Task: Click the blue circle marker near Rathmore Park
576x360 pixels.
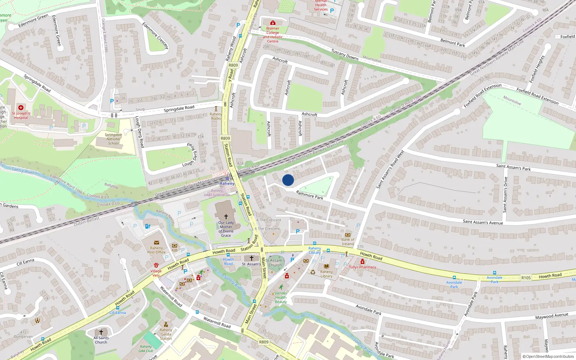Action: click(x=288, y=180)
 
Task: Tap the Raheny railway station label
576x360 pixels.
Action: click(x=227, y=184)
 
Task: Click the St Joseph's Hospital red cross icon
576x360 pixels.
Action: click(x=21, y=108)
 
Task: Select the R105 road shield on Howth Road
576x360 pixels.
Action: click(x=526, y=278)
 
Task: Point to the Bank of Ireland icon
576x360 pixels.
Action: click(x=348, y=235)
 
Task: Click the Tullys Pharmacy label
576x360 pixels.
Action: click(x=363, y=267)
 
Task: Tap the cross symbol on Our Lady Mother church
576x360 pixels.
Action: click(x=226, y=216)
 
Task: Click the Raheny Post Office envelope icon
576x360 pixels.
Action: click(x=156, y=243)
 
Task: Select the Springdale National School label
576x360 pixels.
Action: click(x=113, y=139)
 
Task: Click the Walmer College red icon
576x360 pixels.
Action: click(x=273, y=23)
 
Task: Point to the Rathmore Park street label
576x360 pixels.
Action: click(x=309, y=195)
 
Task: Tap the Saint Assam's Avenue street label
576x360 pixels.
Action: click(x=483, y=222)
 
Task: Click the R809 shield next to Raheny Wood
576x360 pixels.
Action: click(x=233, y=65)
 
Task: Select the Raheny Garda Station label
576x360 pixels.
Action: click(x=166, y=334)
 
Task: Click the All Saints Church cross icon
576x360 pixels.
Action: click(x=101, y=332)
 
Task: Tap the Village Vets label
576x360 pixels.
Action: click(x=156, y=273)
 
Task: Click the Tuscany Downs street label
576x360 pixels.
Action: click(x=345, y=55)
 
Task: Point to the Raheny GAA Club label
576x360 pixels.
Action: click(x=146, y=348)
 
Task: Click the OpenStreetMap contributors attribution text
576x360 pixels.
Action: click(x=548, y=357)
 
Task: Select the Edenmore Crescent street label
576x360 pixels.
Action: click(x=155, y=36)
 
